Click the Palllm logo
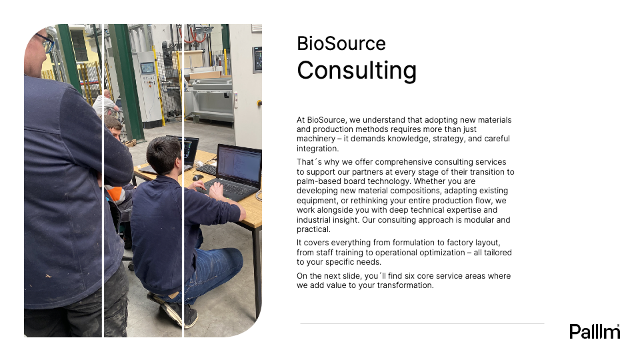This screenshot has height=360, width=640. (x=595, y=331)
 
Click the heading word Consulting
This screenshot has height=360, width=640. (x=357, y=71)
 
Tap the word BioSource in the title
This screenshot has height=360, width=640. (x=341, y=44)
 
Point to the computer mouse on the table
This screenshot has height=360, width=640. (x=197, y=177)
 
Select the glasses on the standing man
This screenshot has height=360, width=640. (x=46, y=41)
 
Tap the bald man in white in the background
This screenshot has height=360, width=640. (x=105, y=103)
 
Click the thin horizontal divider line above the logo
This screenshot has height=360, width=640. (x=422, y=324)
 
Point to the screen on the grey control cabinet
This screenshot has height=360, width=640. (x=147, y=67)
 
